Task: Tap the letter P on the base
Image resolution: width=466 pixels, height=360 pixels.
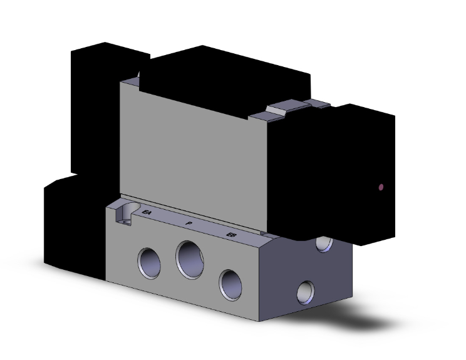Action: point(189,224)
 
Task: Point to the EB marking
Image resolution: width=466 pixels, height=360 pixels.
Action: point(231,235)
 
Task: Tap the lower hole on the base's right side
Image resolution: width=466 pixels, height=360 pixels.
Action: point(306,290)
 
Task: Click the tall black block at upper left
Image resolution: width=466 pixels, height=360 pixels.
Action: point(94,106)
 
